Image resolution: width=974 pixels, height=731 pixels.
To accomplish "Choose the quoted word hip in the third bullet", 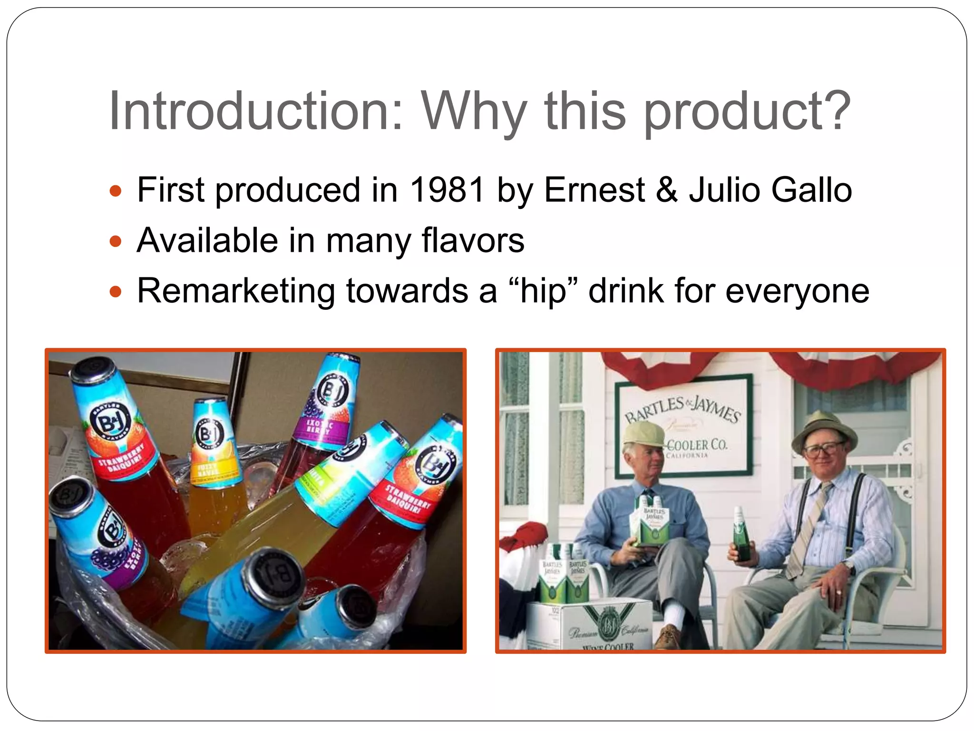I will [x=543, y=291].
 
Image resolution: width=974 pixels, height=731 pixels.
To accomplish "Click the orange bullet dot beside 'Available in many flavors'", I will [x=116, y=241].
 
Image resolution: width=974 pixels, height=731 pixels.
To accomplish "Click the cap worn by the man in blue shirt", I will [x=644, y=434].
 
